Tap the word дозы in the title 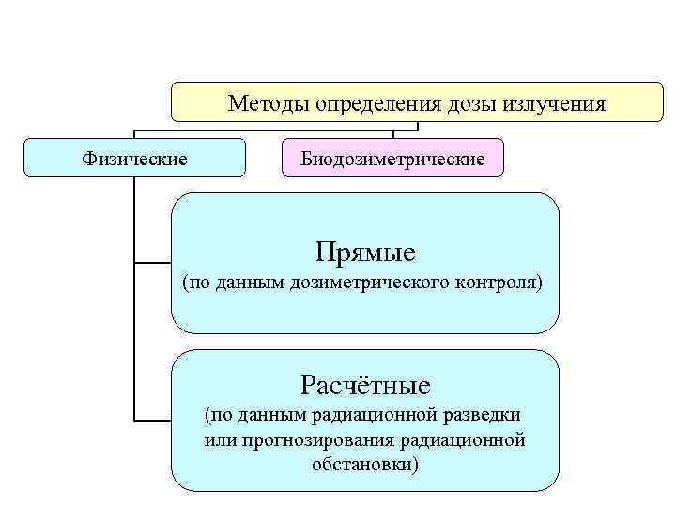tap(454, 103)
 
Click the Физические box tap(134, 158)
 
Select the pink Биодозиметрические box tap(392, 158)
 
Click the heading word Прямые tap(365, 252)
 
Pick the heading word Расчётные tap(365, 384)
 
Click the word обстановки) tap(365, 464)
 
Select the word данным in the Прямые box tap(245, 282)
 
